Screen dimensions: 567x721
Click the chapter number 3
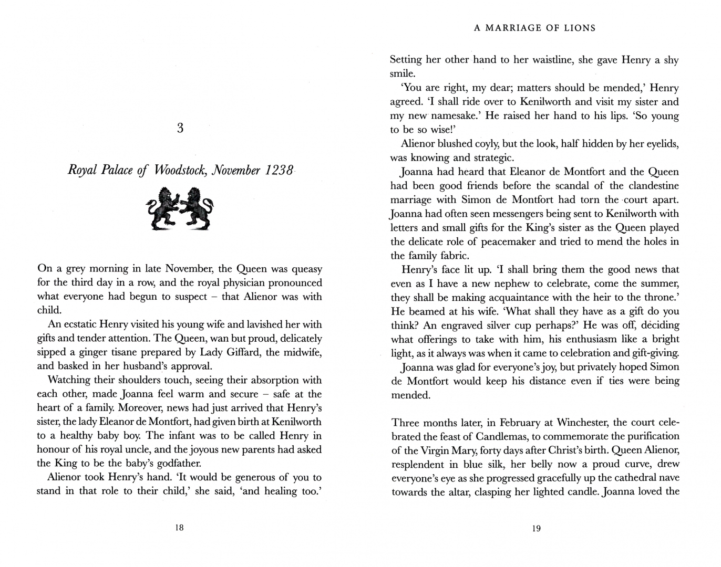click(x=180, y=128)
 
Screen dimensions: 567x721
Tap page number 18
click(x=179, y=528)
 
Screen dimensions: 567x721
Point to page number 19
click(x=536, y=528)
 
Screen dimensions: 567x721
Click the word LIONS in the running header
click(x=578, y=28)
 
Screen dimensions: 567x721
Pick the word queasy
click(x=306, y=269)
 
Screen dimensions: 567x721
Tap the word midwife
click(x=302, y=352)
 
